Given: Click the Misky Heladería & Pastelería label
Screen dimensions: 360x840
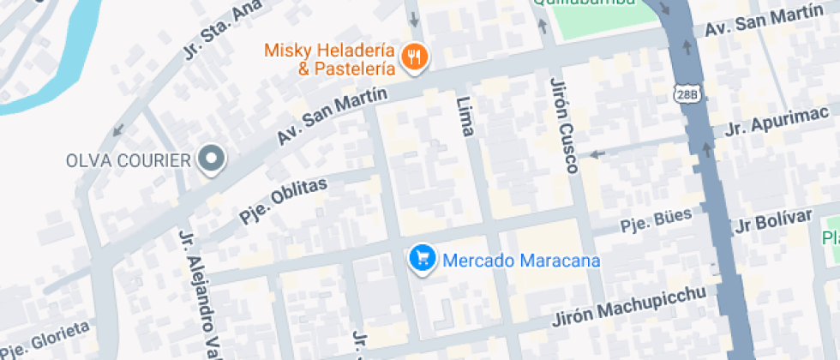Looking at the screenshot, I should pyautogui.click(x=330, y=59).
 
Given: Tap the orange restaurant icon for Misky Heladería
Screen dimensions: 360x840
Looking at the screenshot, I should pyautogui.click(x=416, y=57).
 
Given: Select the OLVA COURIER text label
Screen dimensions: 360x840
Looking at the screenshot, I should pyautogui.click(x=128, y=160).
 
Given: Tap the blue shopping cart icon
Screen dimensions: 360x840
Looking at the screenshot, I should pyautogui.click(x=421, y=257).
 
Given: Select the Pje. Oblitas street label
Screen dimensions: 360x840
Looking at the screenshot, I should pyautogui.click(x=284, y=201).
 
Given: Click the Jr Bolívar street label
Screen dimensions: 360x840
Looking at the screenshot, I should pyautogui.click(x=773, y=221).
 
